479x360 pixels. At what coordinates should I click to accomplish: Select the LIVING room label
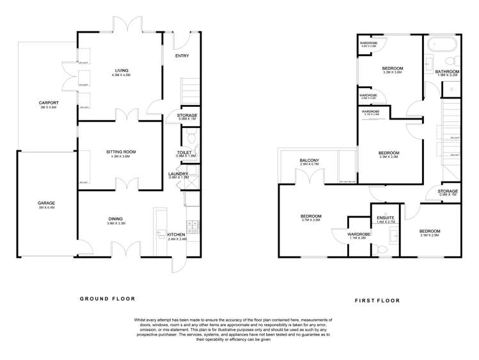(121, 70)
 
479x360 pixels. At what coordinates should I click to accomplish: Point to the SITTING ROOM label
(121, 152)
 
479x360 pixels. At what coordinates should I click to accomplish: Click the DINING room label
(115, 219)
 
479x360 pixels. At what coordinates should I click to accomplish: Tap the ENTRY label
(182, 55)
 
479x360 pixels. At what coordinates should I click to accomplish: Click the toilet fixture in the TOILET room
(191, 137)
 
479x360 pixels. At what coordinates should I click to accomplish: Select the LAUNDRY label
(178, 173)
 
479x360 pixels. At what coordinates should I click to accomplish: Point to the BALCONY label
(310, 160)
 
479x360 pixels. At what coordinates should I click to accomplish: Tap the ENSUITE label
(386, 218)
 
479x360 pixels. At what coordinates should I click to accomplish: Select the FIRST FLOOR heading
(377, 300)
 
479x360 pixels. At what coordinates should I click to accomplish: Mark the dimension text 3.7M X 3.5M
(311, 221)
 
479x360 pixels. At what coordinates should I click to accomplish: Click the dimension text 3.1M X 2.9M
(430, 235)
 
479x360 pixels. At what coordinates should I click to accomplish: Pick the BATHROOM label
(447, 72)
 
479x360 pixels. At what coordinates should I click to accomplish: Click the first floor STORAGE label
(448, 191)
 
